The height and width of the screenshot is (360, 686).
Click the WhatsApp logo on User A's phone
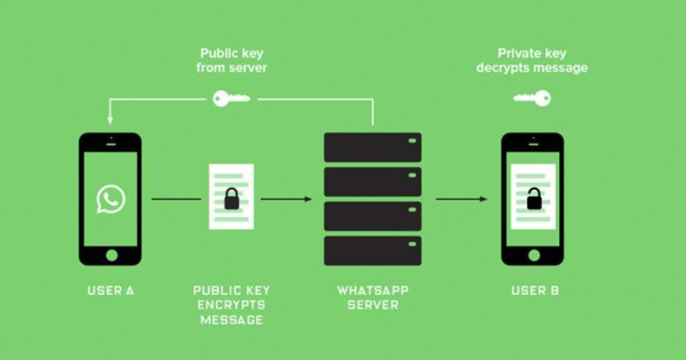coord(110,199)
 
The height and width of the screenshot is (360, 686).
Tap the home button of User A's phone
coord(110,255)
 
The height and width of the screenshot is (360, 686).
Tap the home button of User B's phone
coord(533,255)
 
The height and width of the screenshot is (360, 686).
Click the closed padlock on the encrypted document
coord(232,198)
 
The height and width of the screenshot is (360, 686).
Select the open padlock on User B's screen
coord(534,198)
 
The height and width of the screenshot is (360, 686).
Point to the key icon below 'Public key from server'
coord(231,99)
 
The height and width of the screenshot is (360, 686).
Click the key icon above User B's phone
coord(532,98)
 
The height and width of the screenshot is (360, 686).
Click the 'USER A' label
coord(110,290)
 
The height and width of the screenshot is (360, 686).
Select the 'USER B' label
coord(535,290)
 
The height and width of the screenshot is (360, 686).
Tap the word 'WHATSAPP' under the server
coord(373,290)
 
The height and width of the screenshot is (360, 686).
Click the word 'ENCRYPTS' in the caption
coord(232,305)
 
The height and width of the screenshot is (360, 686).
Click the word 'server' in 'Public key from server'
coord(249,68)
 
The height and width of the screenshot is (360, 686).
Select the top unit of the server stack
coord(373,147)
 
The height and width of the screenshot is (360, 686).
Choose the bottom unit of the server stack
coord(373,250)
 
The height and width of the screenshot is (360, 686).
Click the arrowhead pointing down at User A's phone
coord(110,120)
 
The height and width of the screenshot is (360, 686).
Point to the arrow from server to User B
coord(461,199)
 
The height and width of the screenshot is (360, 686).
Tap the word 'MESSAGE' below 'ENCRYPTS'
coord(232,320)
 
